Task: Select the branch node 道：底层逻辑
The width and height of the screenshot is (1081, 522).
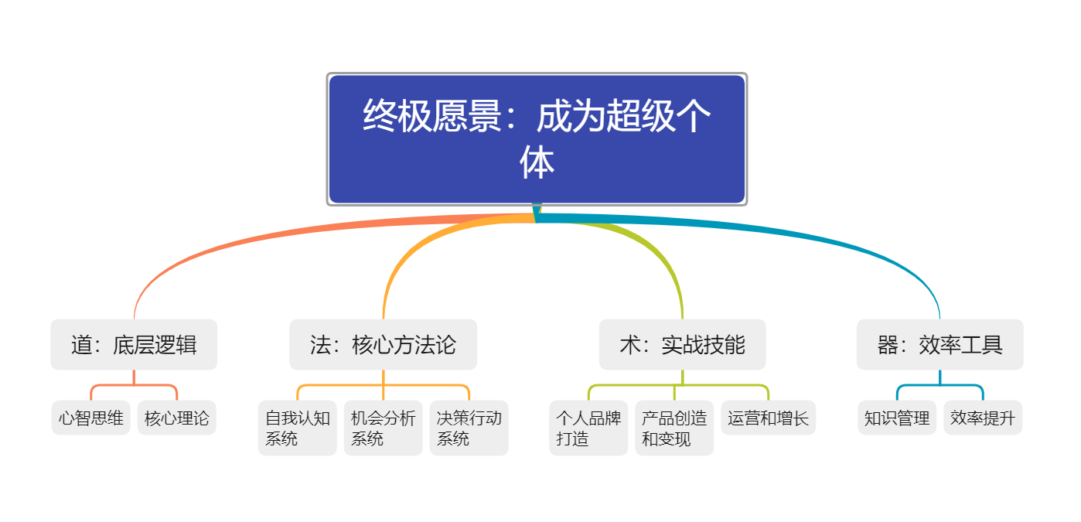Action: (134, 345)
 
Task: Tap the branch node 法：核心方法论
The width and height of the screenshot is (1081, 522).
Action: (383, 345)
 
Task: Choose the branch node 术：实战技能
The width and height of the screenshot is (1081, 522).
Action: (682, 345)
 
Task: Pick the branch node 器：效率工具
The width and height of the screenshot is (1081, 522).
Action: (939, 345)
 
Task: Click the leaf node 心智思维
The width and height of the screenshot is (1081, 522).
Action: (91, 418)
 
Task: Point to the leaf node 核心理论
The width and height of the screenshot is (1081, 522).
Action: (177, 418)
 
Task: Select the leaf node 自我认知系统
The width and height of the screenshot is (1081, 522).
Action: (298, 428)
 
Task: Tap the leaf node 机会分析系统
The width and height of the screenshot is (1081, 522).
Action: (384, 428)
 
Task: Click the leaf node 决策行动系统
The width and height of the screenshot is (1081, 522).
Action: (469, 428)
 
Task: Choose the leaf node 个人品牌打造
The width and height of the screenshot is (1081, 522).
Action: (588, 428)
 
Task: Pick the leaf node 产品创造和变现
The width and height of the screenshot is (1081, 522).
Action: (674, 428)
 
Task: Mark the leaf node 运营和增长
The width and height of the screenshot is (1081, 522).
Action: (768, 418)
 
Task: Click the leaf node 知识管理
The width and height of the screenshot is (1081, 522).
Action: (897, 418)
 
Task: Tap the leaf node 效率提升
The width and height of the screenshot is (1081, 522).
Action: (983, 418)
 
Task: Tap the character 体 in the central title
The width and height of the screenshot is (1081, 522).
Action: (537, 163)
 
